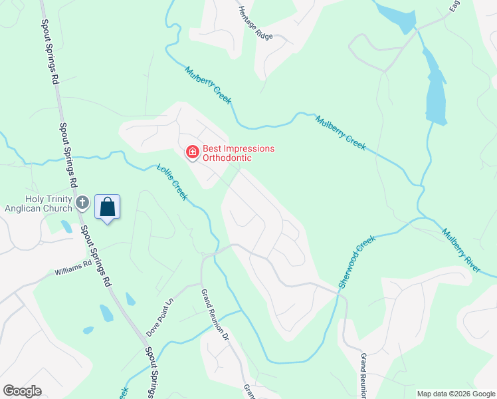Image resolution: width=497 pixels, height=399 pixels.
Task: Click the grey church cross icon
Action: point(82,202)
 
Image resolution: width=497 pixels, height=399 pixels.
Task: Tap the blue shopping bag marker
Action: point(107,207)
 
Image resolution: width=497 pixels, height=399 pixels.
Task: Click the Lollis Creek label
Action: point(172,182)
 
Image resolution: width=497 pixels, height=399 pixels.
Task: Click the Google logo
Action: point(22,391)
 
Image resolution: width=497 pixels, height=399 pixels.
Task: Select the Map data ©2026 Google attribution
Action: point(456,394)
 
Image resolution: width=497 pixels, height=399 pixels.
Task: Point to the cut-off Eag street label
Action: point(454,6)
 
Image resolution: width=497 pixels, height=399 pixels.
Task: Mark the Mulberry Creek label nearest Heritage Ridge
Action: point(208,85)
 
